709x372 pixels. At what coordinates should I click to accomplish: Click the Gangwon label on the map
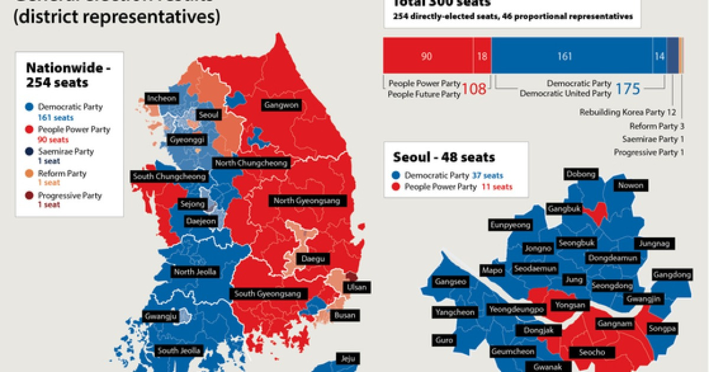282,106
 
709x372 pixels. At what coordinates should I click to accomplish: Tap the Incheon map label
161,98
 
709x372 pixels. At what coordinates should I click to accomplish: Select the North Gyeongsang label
307,201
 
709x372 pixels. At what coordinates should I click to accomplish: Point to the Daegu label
312,259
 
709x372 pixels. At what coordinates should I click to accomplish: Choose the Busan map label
344,315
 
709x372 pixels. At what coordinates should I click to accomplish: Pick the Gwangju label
160,316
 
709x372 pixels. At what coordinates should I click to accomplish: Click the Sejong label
193,204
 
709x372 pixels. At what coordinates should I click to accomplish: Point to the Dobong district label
581,174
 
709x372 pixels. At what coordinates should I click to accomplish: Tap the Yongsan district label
570,305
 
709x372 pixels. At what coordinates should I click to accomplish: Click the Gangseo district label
450,282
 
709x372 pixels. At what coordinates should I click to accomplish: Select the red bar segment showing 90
427,56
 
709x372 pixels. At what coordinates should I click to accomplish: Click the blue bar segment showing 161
565,56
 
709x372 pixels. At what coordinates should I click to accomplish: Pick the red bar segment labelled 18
482,56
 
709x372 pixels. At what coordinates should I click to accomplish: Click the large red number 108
474,89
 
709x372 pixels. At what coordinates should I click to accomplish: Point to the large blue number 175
627,89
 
